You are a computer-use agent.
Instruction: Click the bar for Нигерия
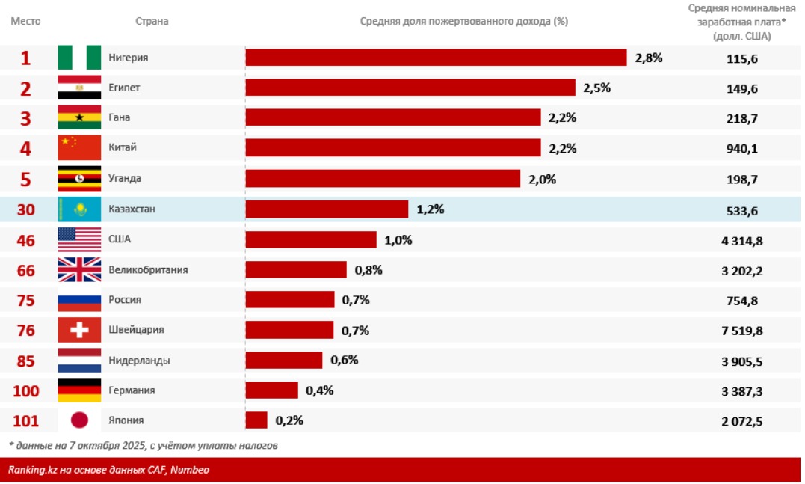(436, 58)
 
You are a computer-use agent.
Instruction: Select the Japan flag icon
(79, 420)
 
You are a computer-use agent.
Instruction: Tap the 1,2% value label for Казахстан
(431, 209)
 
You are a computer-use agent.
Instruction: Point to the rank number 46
(26, 240)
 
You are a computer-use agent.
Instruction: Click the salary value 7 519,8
(742, 330)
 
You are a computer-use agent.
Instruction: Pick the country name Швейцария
(136, 330)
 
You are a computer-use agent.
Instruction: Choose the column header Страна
(152, 21)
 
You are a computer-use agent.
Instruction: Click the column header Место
(25, 21)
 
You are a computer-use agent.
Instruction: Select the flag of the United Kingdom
(79, 269)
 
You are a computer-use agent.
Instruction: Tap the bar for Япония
(256, 420)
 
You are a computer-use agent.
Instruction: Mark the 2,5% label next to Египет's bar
(597, 88)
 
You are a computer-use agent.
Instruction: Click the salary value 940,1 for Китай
(742, 149)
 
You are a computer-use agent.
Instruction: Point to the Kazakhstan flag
(79, 209)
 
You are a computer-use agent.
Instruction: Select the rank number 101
(26, 420)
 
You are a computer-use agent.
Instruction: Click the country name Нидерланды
(139, 361)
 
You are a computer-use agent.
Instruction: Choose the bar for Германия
(271, 390)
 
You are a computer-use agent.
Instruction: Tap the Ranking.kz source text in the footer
(108, 470)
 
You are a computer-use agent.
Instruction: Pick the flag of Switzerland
(79, 330)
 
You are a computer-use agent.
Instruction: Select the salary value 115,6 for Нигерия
(742, 58)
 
